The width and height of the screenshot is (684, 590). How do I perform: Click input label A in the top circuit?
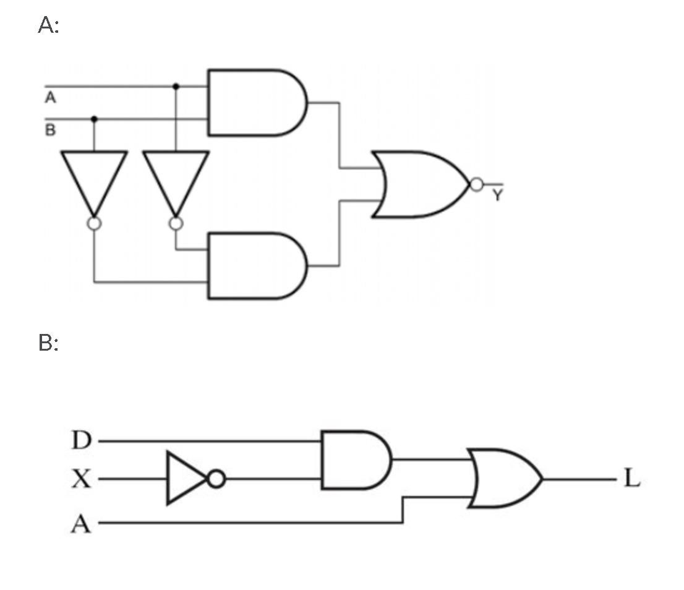click(51, 98)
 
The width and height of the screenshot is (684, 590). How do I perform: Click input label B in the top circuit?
click(51, 130)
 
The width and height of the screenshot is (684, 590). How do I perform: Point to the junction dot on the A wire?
click(176, 87)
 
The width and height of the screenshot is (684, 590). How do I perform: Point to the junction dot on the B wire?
click(94, 118)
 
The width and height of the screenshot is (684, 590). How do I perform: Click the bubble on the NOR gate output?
click(476, 184)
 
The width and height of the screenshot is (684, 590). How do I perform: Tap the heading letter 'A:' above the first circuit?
click(48, 25)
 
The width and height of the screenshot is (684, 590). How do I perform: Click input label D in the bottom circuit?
click(81, 441)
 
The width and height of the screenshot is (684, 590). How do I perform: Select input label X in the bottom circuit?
click(81, 479)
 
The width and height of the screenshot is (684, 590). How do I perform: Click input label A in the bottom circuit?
click(81, 524)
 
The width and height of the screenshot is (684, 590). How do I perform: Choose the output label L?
click(631, 479)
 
